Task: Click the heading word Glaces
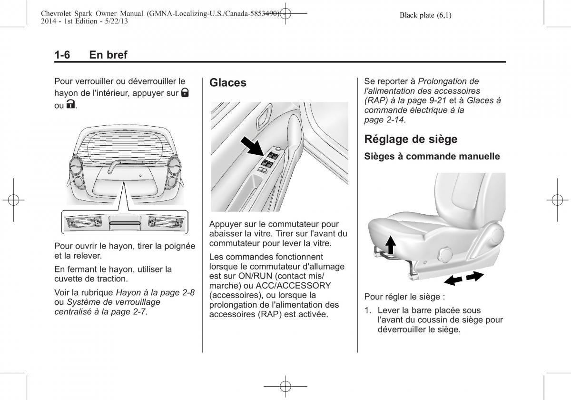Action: pos(228,83)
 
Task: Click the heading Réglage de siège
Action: pos(410,139)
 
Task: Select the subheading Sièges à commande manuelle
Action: pos(432,156)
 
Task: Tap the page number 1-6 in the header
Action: pos(62,55)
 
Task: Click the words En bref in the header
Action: pos(108,55)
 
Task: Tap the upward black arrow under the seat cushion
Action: pos(390,246)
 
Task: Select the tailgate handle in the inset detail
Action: pos(125,222)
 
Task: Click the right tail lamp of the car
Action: pos(173,169)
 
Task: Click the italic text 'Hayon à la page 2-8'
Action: pos(155,292)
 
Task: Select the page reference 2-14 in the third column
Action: pos(394,120)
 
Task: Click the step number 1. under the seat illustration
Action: pos(368,310)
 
